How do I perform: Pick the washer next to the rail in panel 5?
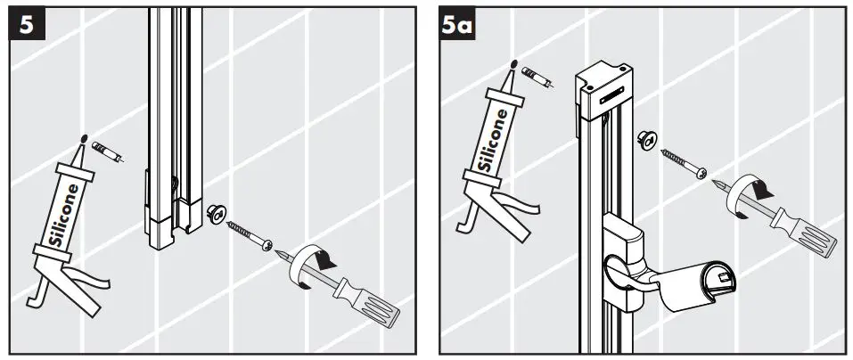[214, 214]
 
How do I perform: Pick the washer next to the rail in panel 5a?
[646, 137]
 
